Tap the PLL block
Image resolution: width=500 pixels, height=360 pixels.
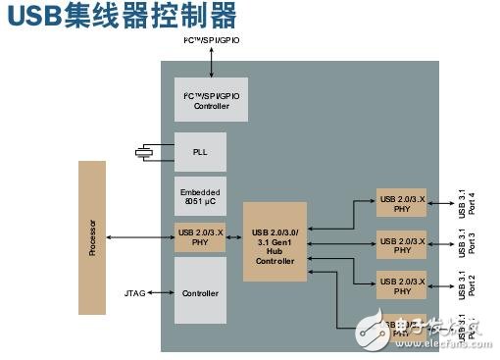click(x=200, y=152)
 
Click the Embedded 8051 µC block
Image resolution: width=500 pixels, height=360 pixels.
click(x=200, y=195)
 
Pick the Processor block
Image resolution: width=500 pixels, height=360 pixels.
click(x=92, y=238)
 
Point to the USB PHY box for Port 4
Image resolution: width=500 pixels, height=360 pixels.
click(x=402, y=202)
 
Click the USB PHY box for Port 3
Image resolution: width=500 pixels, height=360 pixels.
click(x=402, y=244)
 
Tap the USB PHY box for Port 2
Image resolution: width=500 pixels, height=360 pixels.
click(x=402, y=285)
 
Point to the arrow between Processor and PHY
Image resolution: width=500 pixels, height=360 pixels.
click(x=140, y=237)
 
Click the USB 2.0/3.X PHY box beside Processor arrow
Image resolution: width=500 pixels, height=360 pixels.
click(x=200, y=237)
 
